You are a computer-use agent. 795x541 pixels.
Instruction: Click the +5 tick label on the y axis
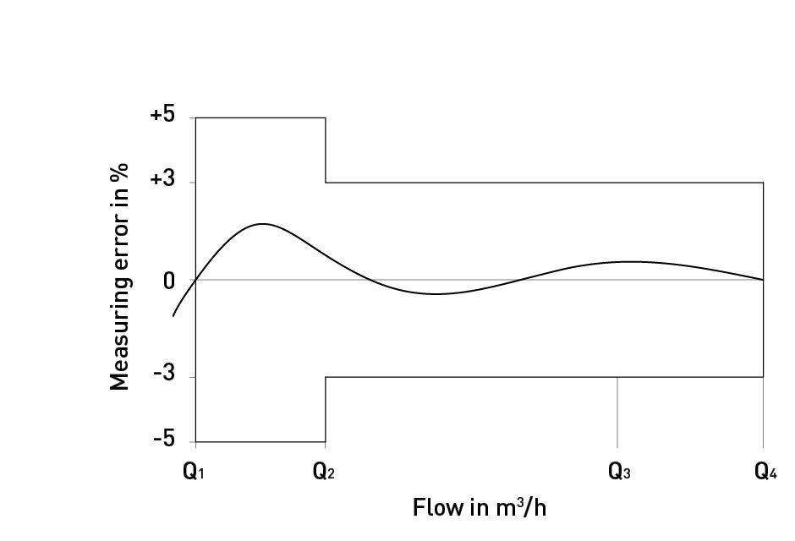tap(162, 116)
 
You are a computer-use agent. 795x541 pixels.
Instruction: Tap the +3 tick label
tap(162, 182)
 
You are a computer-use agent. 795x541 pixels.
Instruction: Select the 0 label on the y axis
tap(169, 281)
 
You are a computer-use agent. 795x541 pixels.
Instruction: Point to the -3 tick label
tap(164, 376)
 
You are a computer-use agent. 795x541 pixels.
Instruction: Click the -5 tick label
tap(164, 440)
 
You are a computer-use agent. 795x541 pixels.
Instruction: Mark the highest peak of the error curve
tap(263, 224)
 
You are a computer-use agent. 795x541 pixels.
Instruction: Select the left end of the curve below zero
tap(173, 315)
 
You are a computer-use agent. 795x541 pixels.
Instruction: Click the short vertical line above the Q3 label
tap(617, 412)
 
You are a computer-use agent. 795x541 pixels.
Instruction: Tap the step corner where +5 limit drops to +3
tap(326, 182)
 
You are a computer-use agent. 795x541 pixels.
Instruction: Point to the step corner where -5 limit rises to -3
tap(326, 377)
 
